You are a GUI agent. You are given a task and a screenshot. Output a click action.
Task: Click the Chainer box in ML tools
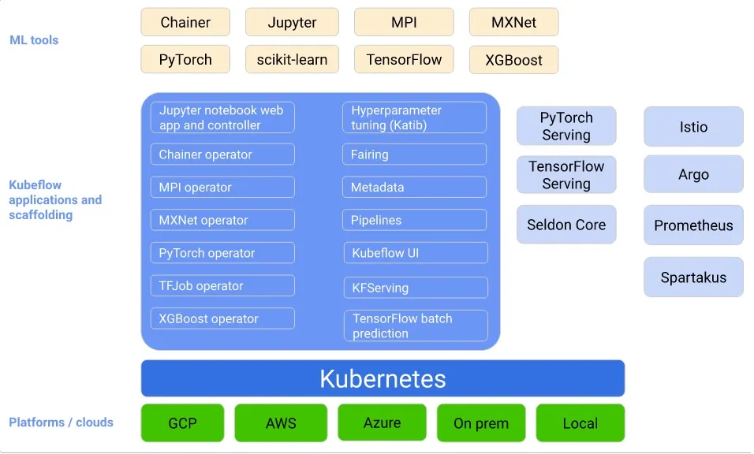pos(185,22)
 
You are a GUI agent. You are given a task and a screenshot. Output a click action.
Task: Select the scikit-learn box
pos(292,60)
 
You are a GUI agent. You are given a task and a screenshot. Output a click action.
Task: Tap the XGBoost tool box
pos(513,60)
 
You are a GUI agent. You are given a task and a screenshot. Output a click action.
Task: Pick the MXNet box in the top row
pos(513,22)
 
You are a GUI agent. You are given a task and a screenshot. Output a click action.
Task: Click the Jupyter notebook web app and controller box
pos(222,117)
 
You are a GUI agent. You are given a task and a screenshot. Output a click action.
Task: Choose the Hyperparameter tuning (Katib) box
pos(415,117)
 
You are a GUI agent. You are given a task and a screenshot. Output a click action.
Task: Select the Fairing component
pos(415,154)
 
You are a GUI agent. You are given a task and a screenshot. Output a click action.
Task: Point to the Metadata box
pos(415,188)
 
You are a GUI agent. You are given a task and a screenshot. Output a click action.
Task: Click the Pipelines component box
pos(415,220)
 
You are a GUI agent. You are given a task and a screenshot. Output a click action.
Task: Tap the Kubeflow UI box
pos(416,253)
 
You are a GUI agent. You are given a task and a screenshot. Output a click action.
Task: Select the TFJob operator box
pos(222,286)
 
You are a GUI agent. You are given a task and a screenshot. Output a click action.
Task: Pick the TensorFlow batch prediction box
pos(416,326)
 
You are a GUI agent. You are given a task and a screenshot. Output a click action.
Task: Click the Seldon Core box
pos(566,225)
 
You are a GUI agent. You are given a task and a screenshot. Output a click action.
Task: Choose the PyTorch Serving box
pos(566,126)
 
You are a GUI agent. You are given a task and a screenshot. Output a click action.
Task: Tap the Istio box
pos(693,127)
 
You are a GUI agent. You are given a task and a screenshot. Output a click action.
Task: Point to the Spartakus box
pos(693,277)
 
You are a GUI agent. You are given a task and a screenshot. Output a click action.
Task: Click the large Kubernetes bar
pos(383,378)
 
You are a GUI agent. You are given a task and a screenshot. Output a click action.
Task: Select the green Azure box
pos(382,422)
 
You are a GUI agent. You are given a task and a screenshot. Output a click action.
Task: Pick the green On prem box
pos(481,423)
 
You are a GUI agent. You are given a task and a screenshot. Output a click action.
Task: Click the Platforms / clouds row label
pos(61,422)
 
